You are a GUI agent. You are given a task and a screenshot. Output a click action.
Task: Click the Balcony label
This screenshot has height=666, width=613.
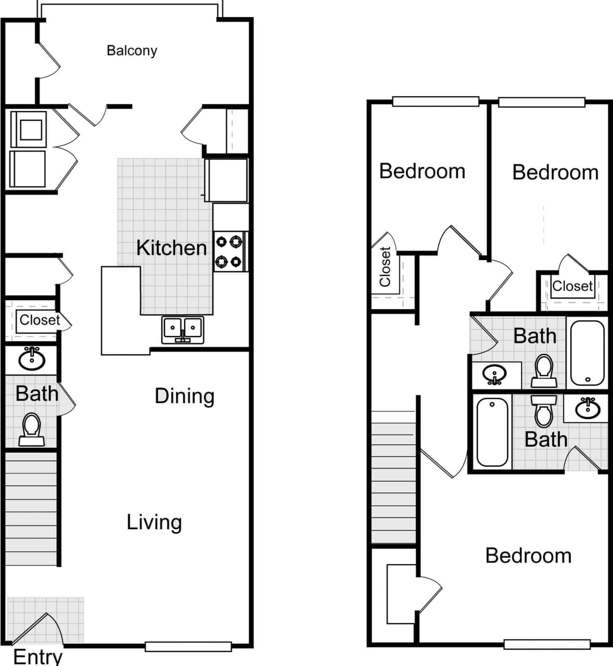(132, 50)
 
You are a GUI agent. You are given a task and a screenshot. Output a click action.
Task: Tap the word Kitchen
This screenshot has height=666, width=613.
(171, 248)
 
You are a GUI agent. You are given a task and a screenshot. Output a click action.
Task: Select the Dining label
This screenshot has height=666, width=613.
(185, 396)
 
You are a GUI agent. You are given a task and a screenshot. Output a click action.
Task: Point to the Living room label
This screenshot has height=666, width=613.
(154, 522)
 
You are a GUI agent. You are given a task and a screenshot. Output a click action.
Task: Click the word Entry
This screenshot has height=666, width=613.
(37, 656)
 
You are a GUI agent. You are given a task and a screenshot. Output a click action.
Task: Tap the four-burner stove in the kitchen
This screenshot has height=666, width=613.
(230, 252)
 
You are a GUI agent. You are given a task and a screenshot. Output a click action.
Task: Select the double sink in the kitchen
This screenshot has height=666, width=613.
(182, 329)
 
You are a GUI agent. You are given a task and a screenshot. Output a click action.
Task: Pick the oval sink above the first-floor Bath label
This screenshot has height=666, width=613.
(32, 359)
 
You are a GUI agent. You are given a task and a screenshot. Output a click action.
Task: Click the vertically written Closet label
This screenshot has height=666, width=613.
(385, 267)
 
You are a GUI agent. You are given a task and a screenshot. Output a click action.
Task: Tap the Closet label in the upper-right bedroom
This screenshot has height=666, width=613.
(572, 286)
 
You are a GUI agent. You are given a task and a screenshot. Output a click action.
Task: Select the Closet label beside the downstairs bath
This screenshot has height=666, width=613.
(40, 320)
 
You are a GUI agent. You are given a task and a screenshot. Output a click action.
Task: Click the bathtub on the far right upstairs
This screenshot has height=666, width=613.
(587, 352)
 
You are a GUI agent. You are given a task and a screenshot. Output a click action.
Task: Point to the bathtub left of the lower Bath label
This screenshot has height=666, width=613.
(492, 432)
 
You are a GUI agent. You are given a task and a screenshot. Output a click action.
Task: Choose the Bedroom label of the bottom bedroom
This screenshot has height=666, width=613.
(528, 556)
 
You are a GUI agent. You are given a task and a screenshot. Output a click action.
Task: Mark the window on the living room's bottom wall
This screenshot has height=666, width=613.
(188, 647)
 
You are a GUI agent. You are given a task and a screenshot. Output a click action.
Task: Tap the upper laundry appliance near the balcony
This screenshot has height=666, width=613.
(29, 126)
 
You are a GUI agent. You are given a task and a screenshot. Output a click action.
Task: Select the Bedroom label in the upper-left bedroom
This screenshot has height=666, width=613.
(422, 171)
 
